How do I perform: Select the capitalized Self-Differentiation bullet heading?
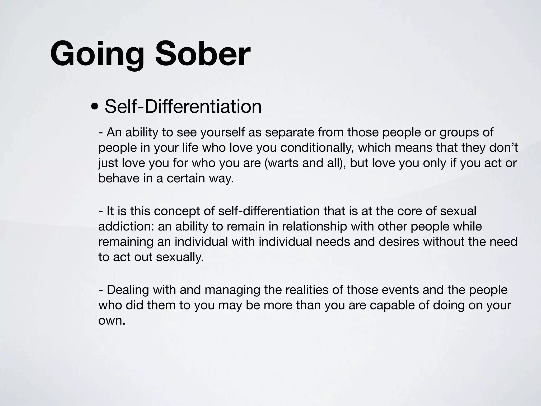[183, 107]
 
